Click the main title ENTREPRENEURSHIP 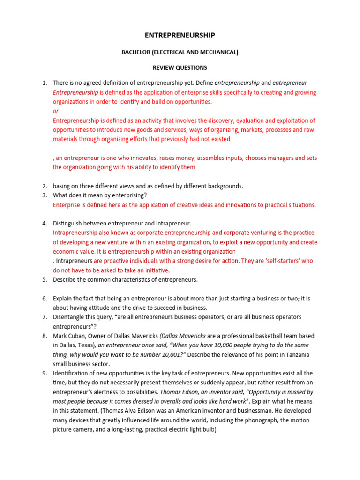180,35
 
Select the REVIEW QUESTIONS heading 180,67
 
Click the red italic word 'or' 56,111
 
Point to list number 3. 44,195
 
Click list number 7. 44,317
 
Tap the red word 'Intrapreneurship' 75,233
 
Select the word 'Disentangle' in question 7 68,317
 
